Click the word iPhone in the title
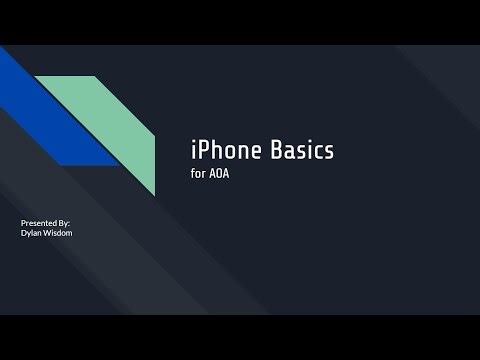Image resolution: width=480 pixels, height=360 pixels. pos(224,151)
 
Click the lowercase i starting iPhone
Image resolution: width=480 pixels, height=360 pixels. pos(192,151)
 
